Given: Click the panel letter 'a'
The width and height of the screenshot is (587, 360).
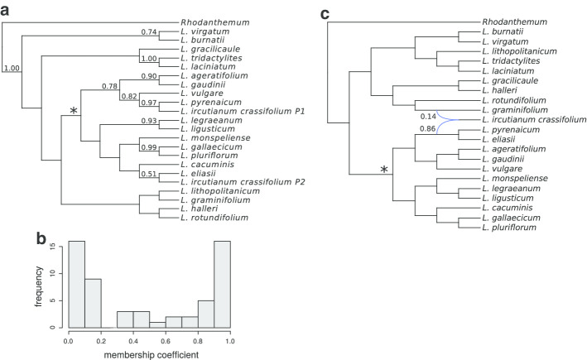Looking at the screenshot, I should [x=7, y=12].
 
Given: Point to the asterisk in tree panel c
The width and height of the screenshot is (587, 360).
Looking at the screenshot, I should [x=383, y=171].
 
